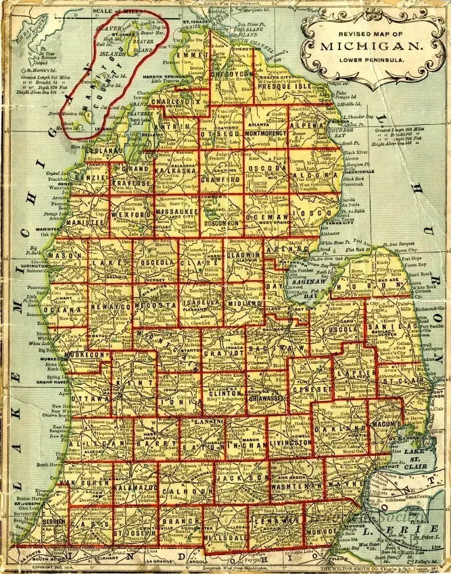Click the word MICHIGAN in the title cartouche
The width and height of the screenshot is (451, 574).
point(372,47)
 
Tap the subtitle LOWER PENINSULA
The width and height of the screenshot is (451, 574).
point(372,61)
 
